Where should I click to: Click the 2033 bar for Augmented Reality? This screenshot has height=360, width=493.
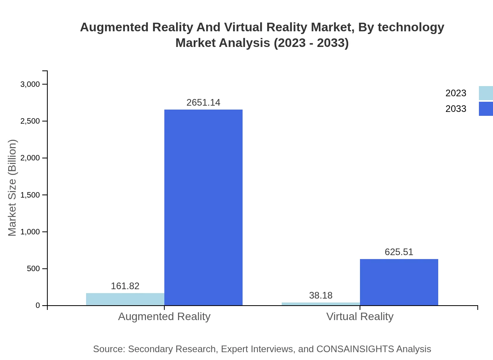pyautogui.click(x=203, y=207)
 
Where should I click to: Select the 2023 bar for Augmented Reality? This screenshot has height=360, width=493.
pyautogui.click(x=125, y=299)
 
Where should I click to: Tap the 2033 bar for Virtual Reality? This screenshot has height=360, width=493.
pyautogui.click(x=399, y=282)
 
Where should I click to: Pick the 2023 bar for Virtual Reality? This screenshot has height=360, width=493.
pyautogui.click(x=321, y=304)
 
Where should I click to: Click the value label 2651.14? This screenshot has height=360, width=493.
pyautogui.click(x=203, y=103)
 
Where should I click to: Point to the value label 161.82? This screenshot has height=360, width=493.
pyautogui.click(x=125, y=286)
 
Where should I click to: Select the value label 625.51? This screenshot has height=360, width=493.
pyautogui.click(x=399, y=252)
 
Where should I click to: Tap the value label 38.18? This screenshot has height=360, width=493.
pyautogui.click(x=321, y=295)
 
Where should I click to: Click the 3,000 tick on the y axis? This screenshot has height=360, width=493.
pyautogui.click(x=30, y=84)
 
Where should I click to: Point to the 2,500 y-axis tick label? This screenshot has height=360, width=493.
pyautogui.click(x=30, y=121)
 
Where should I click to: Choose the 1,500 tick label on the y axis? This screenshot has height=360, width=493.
pyautogui.click(x=30, y=195)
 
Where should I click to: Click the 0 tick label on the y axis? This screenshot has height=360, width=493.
pyautogui.click(x=38, y=306)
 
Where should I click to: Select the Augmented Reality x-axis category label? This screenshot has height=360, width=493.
pyautogui.click(x=164, y=316)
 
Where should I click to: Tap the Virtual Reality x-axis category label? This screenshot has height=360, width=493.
pyautogui.click(x=360, y=316)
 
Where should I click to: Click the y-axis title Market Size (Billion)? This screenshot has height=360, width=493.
pyautogui.click(x=13, y=188)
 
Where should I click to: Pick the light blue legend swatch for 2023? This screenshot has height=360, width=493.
pyautogui.click(x=486, y=93)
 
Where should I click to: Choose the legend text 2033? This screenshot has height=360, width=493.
pyautogui.click(x=456, y=109)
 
